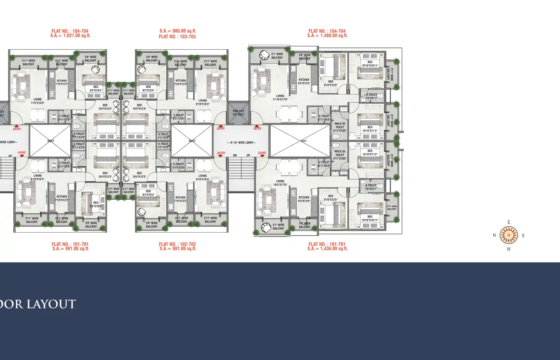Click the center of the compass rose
pos(509,235)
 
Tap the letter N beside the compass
pos(494,235)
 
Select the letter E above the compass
pos(509,222)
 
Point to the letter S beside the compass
pos(523,236)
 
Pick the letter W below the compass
pos(509,249)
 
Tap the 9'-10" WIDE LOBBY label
pos(241,143)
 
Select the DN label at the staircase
pos(235,155)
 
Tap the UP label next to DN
pos(248,155)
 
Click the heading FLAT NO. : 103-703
pos(177,37)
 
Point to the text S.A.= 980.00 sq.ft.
pos(178,31)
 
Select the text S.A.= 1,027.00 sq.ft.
pos(70,36)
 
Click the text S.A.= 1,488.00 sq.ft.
pos(327,36)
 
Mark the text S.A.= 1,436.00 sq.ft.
pos(327,249)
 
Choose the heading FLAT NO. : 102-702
pos(177,244)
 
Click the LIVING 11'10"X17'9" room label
pos(280,97)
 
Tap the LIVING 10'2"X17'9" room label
pos(280,183)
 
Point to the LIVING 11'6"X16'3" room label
pos(37,101)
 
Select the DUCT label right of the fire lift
pos(304,141)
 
